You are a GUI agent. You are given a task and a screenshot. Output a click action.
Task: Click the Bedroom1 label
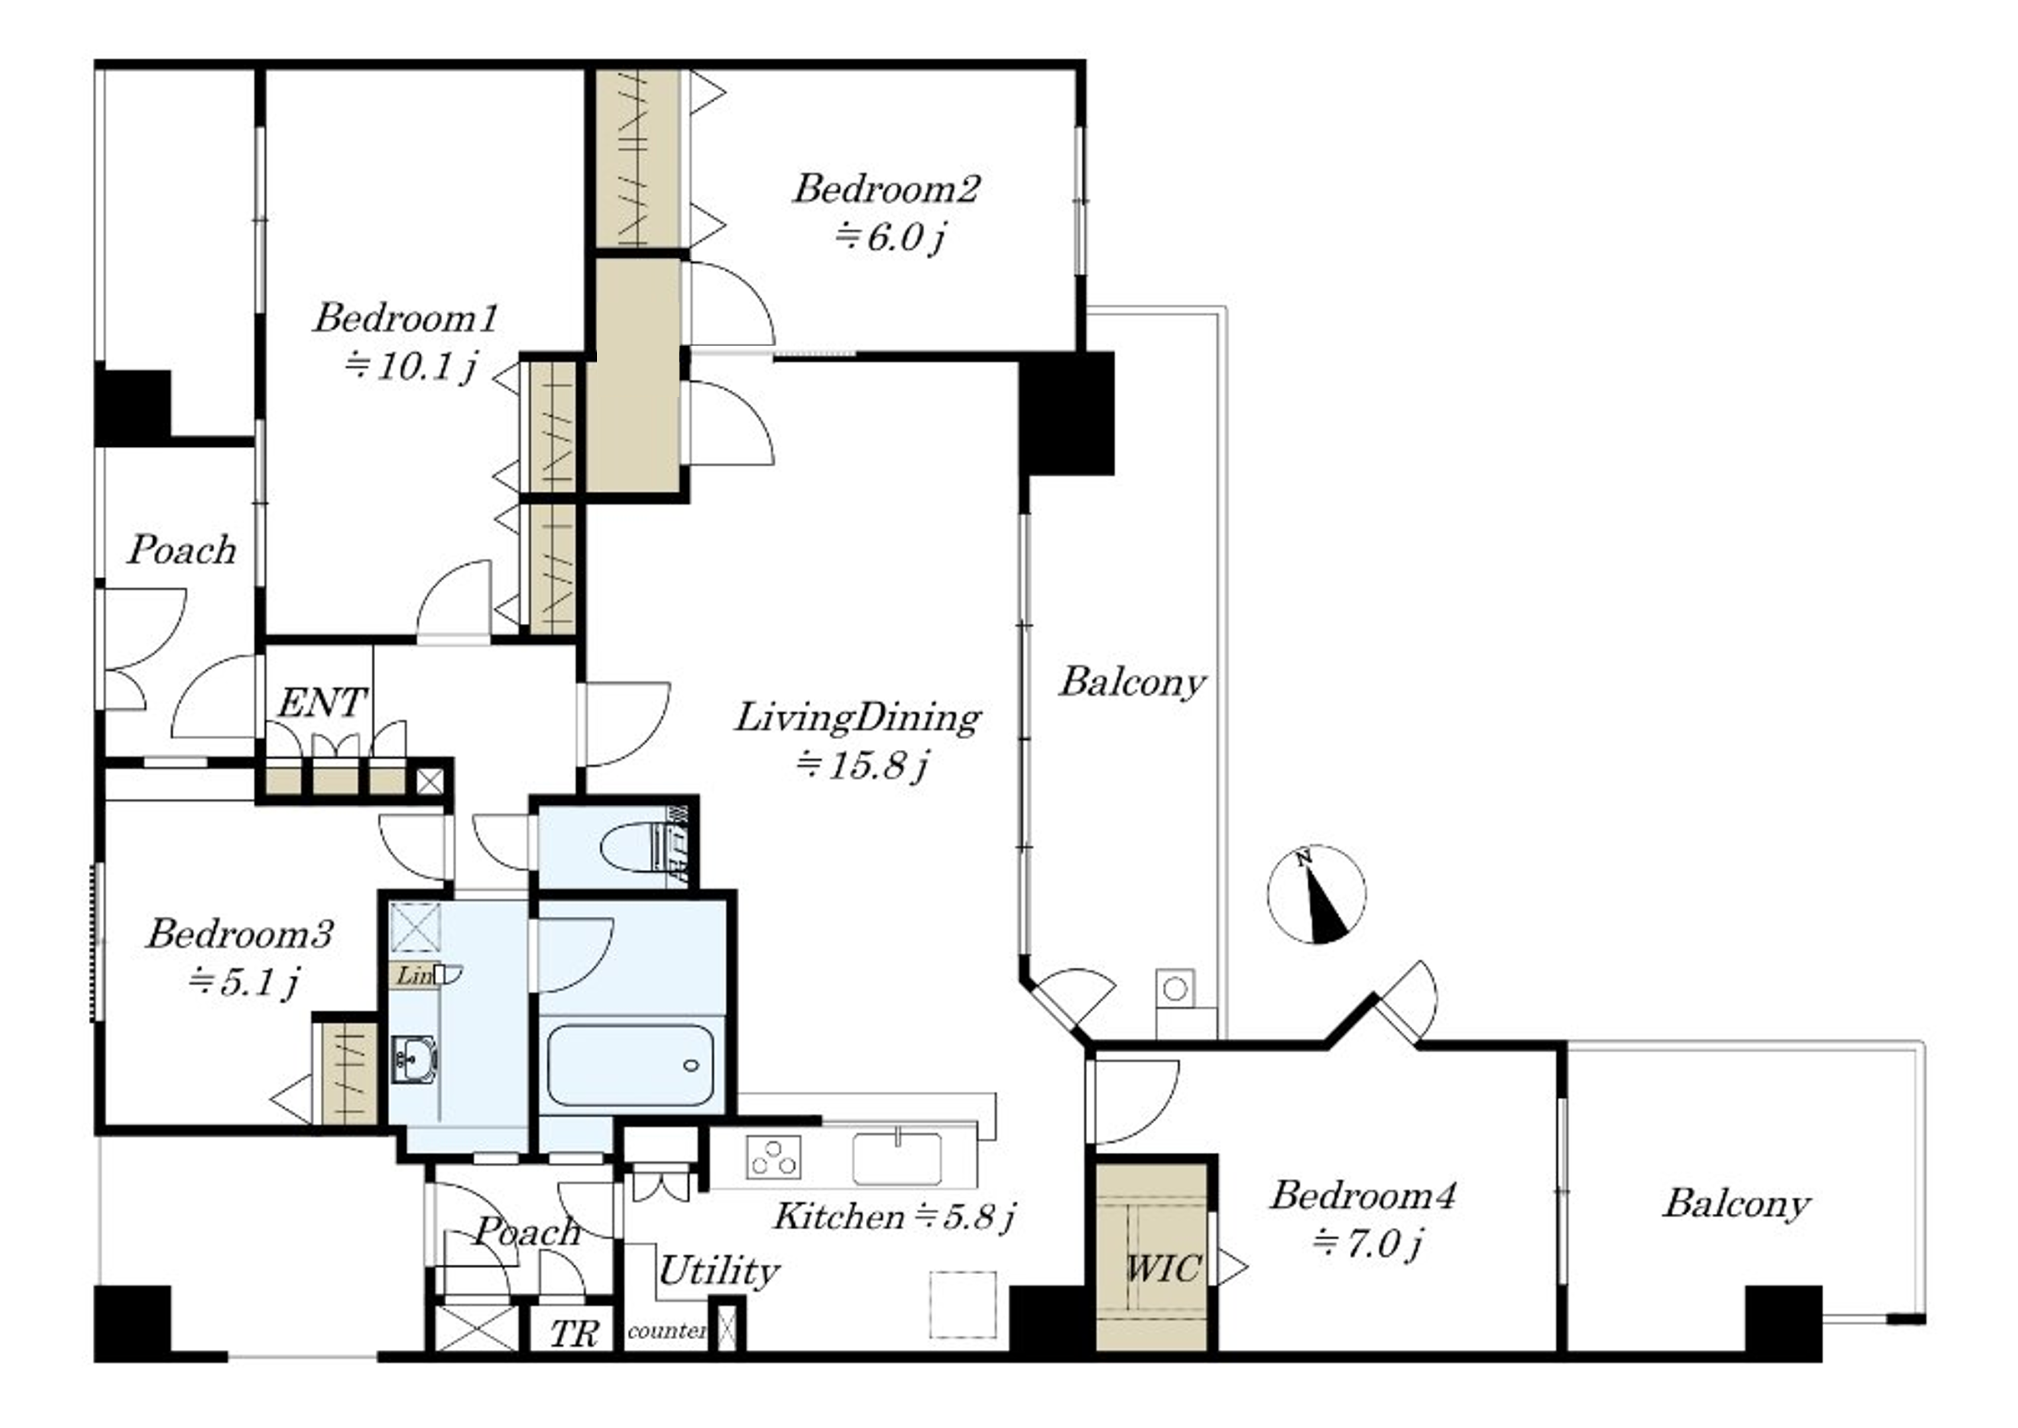(x=406, y=317)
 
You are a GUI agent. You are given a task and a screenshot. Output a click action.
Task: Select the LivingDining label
(x=858, y=717)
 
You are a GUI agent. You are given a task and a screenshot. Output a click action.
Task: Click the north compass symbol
(x=1316, y=894)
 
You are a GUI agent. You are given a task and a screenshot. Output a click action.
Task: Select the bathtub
(x=630, y=1065)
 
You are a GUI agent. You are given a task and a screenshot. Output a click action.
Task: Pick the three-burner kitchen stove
(x=774, y=1156)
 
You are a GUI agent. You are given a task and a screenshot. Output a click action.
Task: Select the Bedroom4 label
(x=1363, y=1195)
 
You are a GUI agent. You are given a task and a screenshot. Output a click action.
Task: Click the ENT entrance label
(x=322, y=702)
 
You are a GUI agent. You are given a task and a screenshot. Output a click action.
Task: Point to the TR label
(x=574, y=1334)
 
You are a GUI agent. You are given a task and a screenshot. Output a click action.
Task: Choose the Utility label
(x=718, y=1271)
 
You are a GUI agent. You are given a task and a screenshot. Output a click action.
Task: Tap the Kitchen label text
(x=839, y=1216)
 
